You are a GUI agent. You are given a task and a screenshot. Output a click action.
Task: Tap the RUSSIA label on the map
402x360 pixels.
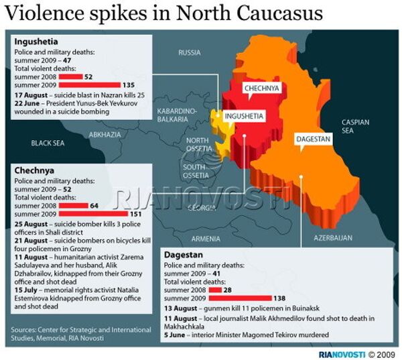[x=190, y=52]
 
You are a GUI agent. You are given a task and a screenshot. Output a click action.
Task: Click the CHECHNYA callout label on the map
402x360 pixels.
[x=262, y=88]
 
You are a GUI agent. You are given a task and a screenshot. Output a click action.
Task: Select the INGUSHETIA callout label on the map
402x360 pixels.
[x=244, y=116]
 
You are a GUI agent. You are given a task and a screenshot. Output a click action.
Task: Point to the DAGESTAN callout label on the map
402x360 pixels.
[x=314, y=139]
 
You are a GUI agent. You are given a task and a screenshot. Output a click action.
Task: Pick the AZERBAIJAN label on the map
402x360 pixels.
[x=333, y=238]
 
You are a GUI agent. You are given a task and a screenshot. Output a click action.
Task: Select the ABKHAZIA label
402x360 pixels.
[x=105, y=135]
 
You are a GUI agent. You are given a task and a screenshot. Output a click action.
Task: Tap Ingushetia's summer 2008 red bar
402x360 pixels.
[x=70, y=77]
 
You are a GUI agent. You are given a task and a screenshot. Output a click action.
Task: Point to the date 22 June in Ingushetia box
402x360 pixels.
[x=27, y=104]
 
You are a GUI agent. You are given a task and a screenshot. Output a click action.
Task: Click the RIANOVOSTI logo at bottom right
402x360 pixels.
[x=341, y=353]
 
